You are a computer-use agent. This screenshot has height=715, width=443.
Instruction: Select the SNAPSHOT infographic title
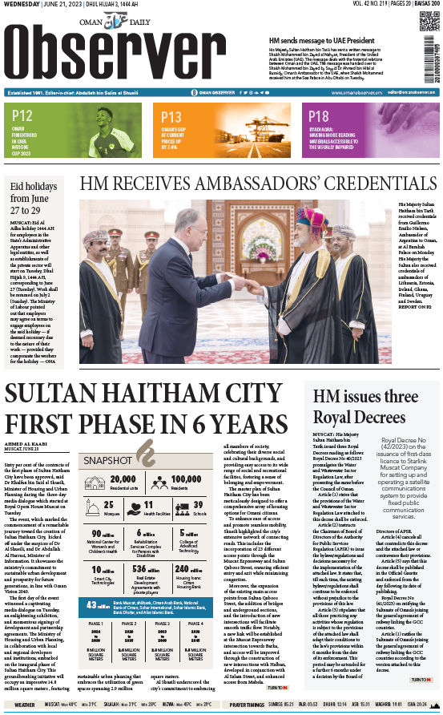coord(107,459)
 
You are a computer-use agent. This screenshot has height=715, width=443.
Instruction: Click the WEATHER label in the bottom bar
coord(25,705)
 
